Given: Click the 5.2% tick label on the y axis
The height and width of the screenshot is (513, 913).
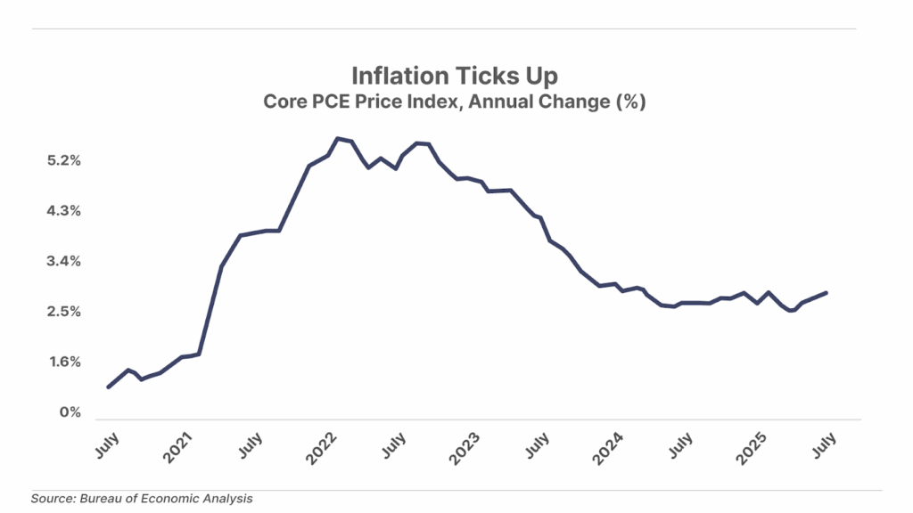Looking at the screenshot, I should (64, 161).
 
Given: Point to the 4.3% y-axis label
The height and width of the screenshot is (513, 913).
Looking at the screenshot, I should (64, 211).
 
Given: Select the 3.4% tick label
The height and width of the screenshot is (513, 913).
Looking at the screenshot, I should (64, 262).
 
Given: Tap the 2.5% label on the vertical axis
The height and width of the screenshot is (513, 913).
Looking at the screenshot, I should (64, 312).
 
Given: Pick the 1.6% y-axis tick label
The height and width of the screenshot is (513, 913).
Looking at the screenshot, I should (64, 362).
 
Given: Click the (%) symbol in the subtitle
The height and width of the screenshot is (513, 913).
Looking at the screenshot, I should (629, 102).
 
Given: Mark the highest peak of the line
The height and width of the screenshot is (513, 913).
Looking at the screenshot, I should (337, 138).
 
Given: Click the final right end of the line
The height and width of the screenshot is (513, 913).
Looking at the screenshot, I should (826, 292).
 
